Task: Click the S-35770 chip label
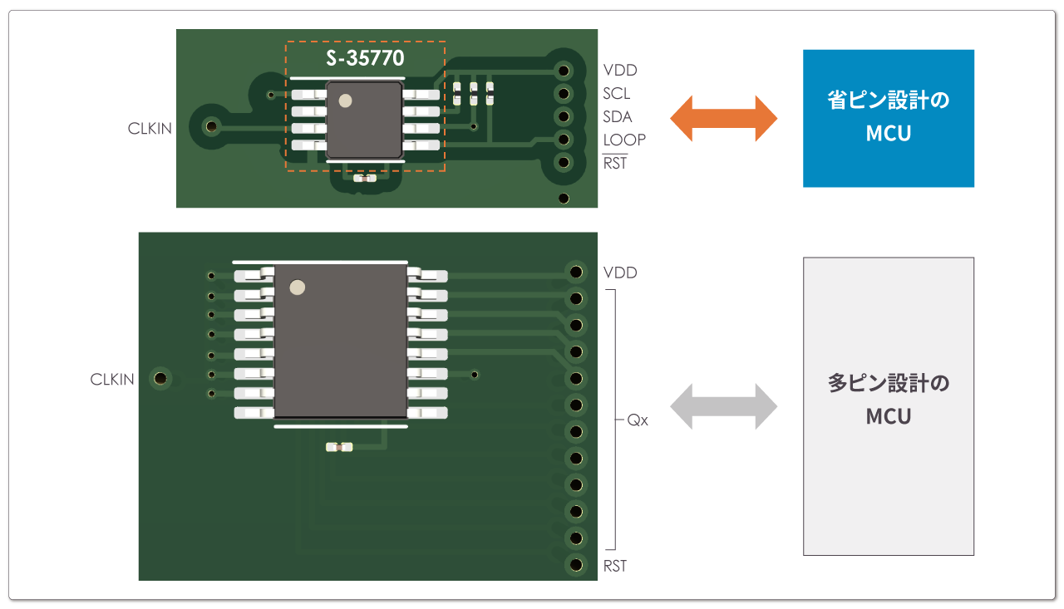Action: point(365,59)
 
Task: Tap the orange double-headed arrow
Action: point(723,118)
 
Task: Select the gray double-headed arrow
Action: point(723,406)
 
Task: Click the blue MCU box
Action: point(888,118)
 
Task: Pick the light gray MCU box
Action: point(888,406)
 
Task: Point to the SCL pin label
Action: point(617,94)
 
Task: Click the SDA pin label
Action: point(618,117)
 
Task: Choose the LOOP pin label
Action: point(624,140)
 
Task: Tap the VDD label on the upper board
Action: point(620,71)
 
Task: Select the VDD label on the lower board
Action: point(620,273)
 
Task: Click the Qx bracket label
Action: point(638,420)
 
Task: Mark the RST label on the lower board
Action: point(615,566)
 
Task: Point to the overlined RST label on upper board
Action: point(615,163)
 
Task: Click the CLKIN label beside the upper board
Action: point(150,129)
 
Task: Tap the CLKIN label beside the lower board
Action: point(112,380)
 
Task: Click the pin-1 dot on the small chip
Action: point(345,101)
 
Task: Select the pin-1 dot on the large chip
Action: point(297,288)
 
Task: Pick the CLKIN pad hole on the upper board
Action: point(211,127)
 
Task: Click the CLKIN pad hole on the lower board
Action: point(160,379)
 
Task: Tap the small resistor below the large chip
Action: point(340,447)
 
